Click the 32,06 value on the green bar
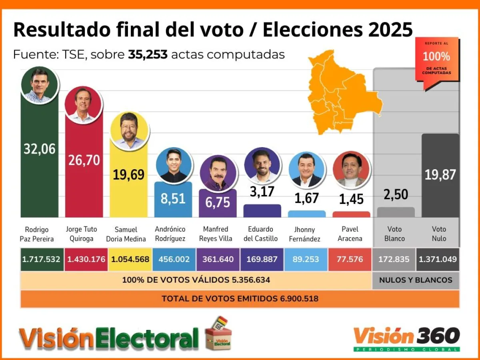(40, 149)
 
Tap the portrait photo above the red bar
(83, 105)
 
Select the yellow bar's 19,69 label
(129, 174)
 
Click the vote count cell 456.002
(174, 259)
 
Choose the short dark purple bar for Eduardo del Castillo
(262, 211)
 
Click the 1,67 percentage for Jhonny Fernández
(306, 198)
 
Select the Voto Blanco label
(395, 234)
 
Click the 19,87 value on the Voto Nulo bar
(440, 174)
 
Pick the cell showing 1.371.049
(438, 259)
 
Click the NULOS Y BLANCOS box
(416, 280)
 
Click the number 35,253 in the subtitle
(148, 54)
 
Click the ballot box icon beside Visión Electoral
(218, 334)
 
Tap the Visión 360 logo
(406, 337)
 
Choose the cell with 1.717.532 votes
(41, 259)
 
